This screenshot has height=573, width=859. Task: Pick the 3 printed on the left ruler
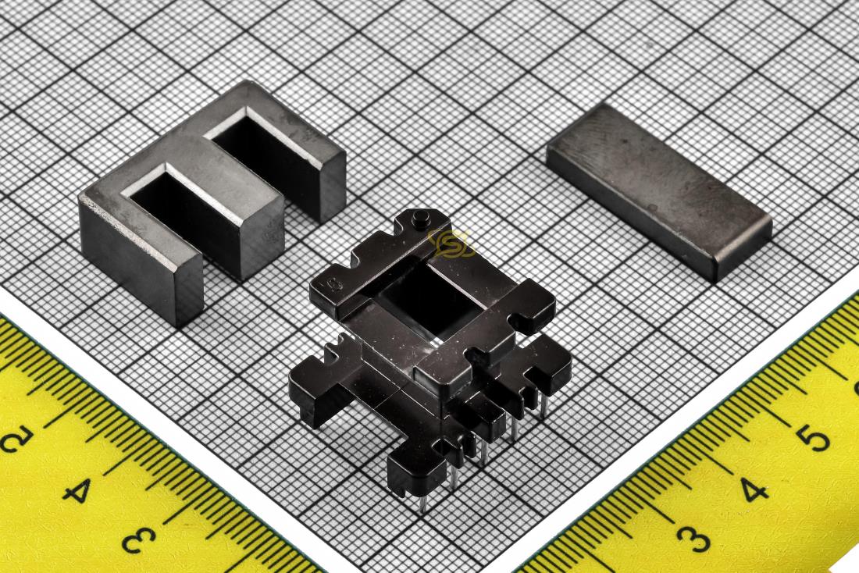[x=139, y=539]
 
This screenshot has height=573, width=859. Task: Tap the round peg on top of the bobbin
[x=421, y=218]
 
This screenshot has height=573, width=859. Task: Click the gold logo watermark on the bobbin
[x=451, y=244]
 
